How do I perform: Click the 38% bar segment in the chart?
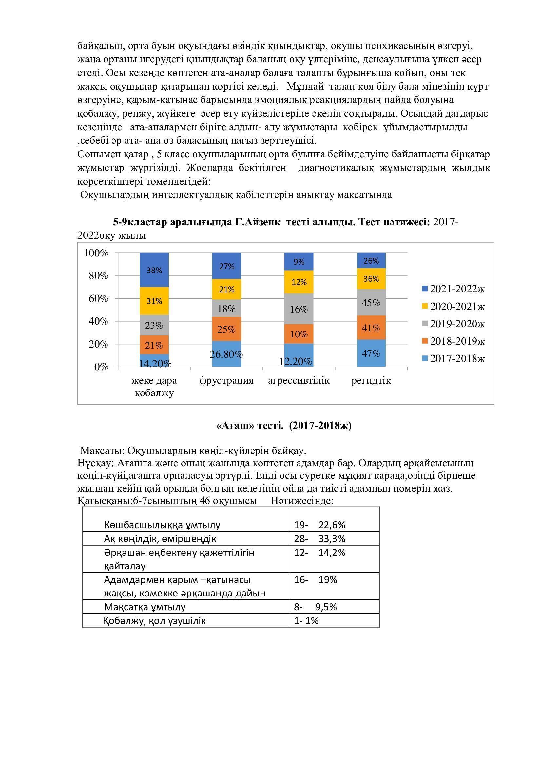(x=154, y=270)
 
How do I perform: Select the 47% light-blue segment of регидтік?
(x=371, y=353)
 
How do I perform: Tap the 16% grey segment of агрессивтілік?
(x=299, y=309)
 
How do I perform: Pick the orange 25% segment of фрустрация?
(x=226, y=329)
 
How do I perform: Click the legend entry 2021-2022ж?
(x=453, y=289)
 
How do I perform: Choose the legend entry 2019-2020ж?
(x=453, y=324)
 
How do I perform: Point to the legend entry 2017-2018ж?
(x=453, y=358)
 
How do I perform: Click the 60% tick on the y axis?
(x=98, y=298)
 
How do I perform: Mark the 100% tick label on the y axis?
(x=96, y=253)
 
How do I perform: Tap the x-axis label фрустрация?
(x=226, y=380)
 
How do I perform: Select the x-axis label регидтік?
(x=371, y=380)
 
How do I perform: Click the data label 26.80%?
(x=226, y=354)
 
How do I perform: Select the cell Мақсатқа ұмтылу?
(x=145, y=607)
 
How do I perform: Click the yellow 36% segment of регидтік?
(x=371, y=279)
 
